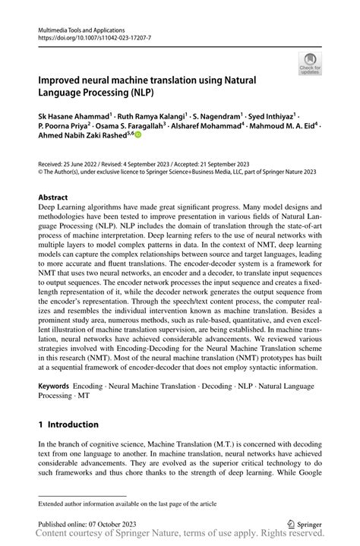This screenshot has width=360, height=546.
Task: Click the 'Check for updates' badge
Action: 310,65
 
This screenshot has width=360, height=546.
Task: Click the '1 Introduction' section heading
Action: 68,424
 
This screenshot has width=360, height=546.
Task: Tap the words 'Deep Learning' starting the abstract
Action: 65,207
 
